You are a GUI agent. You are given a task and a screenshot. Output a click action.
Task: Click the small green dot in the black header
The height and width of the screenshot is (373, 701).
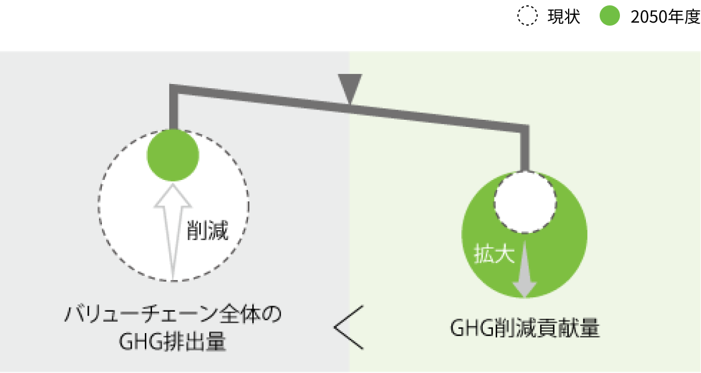point(610,16)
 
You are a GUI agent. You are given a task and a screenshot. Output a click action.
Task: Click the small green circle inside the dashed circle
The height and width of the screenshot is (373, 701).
point(173,156)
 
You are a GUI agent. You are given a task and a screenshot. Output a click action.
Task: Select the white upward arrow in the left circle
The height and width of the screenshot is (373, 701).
point(172,232)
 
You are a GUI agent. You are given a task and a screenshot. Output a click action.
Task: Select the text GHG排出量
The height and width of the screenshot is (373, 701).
point(172,342)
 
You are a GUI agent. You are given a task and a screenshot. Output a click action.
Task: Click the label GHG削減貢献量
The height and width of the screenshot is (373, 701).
point(525,329)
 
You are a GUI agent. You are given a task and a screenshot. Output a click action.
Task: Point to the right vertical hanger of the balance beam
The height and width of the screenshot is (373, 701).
point(525,149)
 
